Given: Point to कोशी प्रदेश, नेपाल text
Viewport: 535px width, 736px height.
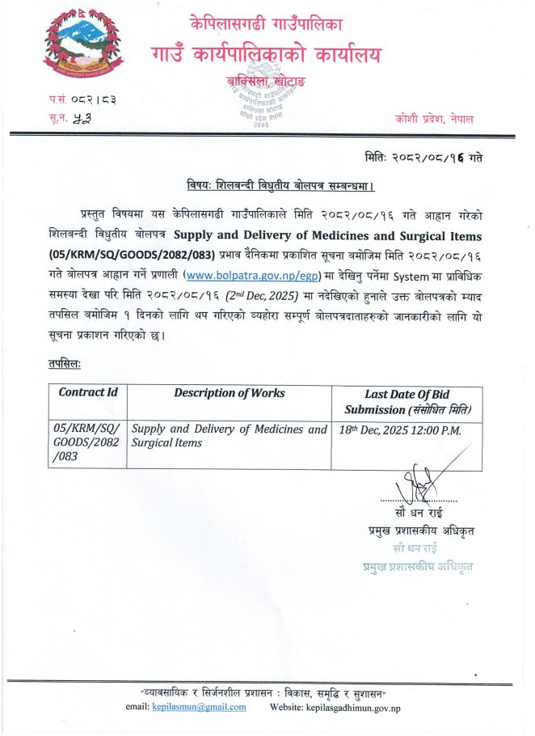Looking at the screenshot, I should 435,118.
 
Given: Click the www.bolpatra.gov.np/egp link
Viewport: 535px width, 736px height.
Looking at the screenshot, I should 239,273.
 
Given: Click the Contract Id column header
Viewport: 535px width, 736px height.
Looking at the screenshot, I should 88,393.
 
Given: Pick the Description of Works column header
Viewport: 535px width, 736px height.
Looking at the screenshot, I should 230,393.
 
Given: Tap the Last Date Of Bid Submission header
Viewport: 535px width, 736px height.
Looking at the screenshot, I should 407,401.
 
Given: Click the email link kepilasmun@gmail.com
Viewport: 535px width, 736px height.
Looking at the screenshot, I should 199,707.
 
